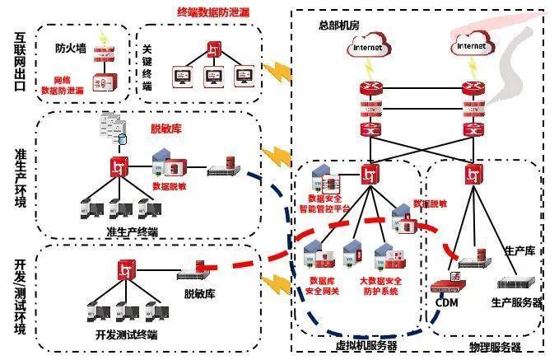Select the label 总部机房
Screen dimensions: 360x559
coord(337,26)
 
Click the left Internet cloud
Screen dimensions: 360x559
coord(369,47)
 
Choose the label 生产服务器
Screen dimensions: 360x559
coord(517,302)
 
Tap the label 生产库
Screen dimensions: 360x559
coord(519,250)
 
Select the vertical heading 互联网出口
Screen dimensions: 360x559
coord(21,62)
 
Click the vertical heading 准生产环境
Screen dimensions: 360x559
coord(21,178)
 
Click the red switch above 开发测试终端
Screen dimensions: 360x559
coord(126,269)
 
